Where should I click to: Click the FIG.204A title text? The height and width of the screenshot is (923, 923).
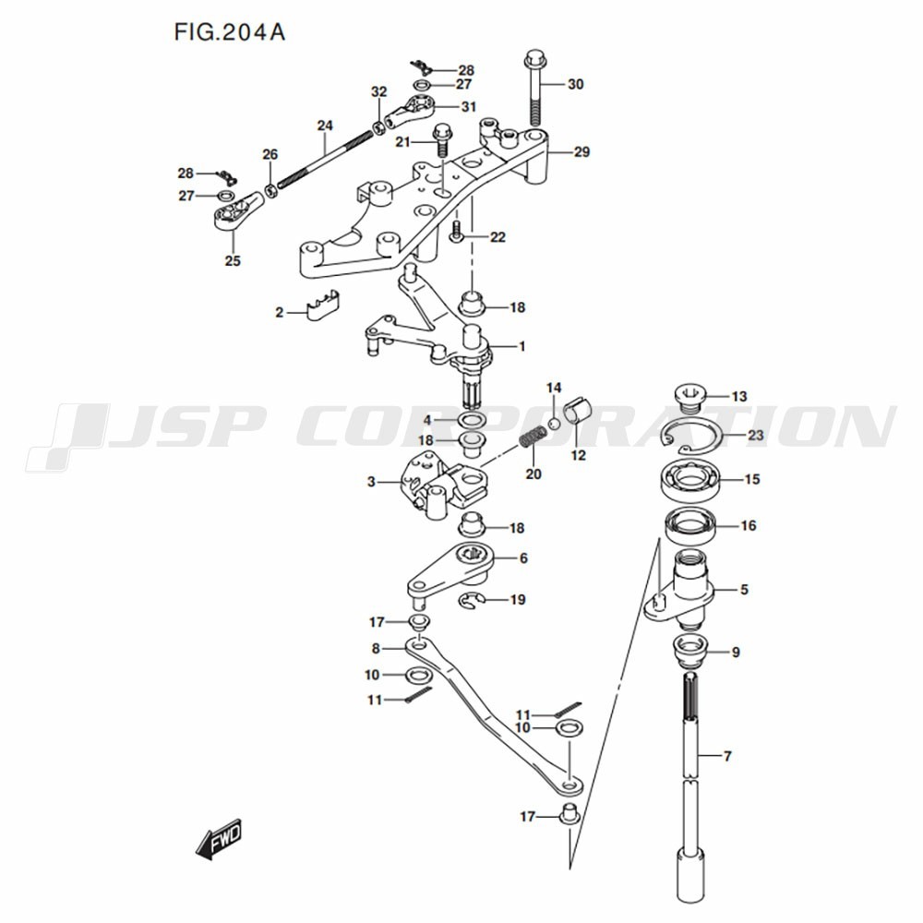click(x=230, y=32)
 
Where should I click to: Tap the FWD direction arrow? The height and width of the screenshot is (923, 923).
click(x=218, y=838)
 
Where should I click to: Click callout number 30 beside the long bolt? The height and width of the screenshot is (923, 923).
click(x=575, y=84)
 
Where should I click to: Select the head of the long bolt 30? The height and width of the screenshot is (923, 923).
click(x=534, y=59)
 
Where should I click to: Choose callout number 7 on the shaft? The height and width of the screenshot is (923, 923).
click(x=727, y=756)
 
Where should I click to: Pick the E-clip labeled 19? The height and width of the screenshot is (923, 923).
click(x=472, y=601)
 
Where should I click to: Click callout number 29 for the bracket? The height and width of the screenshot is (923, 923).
click(x=581, y=152)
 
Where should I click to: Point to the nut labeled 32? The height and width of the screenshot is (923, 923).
click(x=378, y=127)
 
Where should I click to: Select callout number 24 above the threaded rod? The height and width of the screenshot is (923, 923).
click(x=325, y=126)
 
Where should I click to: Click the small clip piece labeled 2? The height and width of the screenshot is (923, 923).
click(x=323, y=305)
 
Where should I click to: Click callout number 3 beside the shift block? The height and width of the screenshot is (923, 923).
click(x=371, y=482)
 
